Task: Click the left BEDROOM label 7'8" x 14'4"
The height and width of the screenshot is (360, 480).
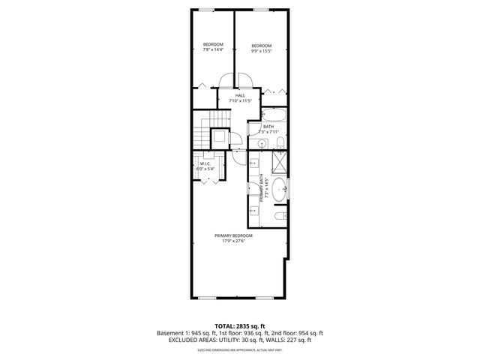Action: (x=213, y=47)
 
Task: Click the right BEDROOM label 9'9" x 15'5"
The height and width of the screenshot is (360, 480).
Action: (x=261, y=47)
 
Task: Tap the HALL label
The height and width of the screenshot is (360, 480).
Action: (x=240, y=97)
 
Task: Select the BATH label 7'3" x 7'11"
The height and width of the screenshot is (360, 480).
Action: (x=268, y=128)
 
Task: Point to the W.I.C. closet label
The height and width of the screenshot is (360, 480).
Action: (x=205, y=166)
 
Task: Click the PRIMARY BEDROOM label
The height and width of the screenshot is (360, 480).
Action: (x=233, y=238)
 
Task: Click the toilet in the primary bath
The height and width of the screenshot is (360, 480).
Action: (x=279, y=216)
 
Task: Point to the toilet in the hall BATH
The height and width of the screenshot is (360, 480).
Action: (x=279, y=142)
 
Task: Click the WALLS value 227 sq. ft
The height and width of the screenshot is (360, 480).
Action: (x=297, y=340)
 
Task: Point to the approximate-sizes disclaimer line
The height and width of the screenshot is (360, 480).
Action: (x=239, y=349)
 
